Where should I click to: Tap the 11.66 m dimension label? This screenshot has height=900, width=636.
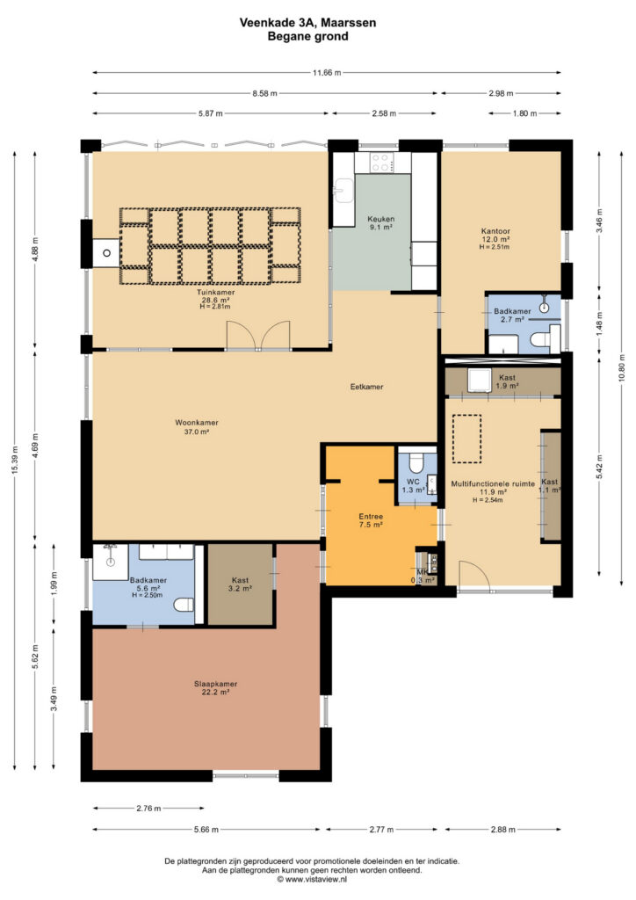[326, 73]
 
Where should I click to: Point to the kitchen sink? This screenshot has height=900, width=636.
[344, 190]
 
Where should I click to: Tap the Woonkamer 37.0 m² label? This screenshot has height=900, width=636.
[197, 427]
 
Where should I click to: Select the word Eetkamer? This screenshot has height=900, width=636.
[366, 387]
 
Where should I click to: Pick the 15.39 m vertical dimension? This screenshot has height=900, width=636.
[15, 459]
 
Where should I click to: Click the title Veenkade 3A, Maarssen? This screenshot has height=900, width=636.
[308, 23]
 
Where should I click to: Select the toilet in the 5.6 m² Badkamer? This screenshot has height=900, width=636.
[184, 605]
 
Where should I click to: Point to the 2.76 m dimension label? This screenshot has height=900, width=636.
[148, 809]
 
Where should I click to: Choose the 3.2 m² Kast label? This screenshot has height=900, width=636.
[241, 584]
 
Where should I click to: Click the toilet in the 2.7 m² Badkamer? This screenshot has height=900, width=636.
[541, 340]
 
